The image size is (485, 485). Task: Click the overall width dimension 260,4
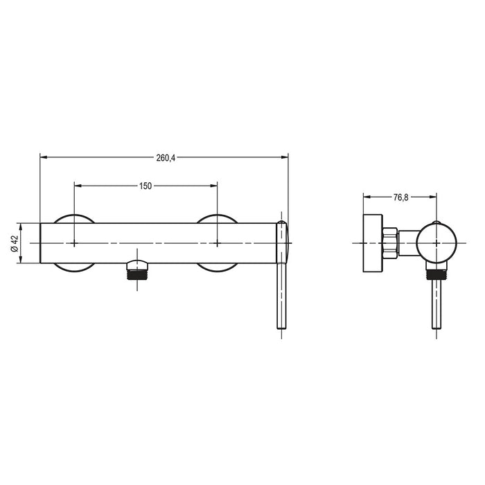165,158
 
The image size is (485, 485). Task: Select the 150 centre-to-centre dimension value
145,186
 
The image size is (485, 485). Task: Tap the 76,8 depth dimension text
400,197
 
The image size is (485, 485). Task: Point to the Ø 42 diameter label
15,244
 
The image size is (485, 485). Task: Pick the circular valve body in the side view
436,243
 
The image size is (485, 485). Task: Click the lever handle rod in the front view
282,298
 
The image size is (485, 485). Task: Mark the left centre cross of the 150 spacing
74,244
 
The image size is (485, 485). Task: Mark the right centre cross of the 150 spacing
218,244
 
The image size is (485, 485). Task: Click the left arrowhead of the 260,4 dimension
44,158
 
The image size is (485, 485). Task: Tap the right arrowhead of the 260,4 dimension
285,158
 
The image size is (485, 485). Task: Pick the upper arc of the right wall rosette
218,218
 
